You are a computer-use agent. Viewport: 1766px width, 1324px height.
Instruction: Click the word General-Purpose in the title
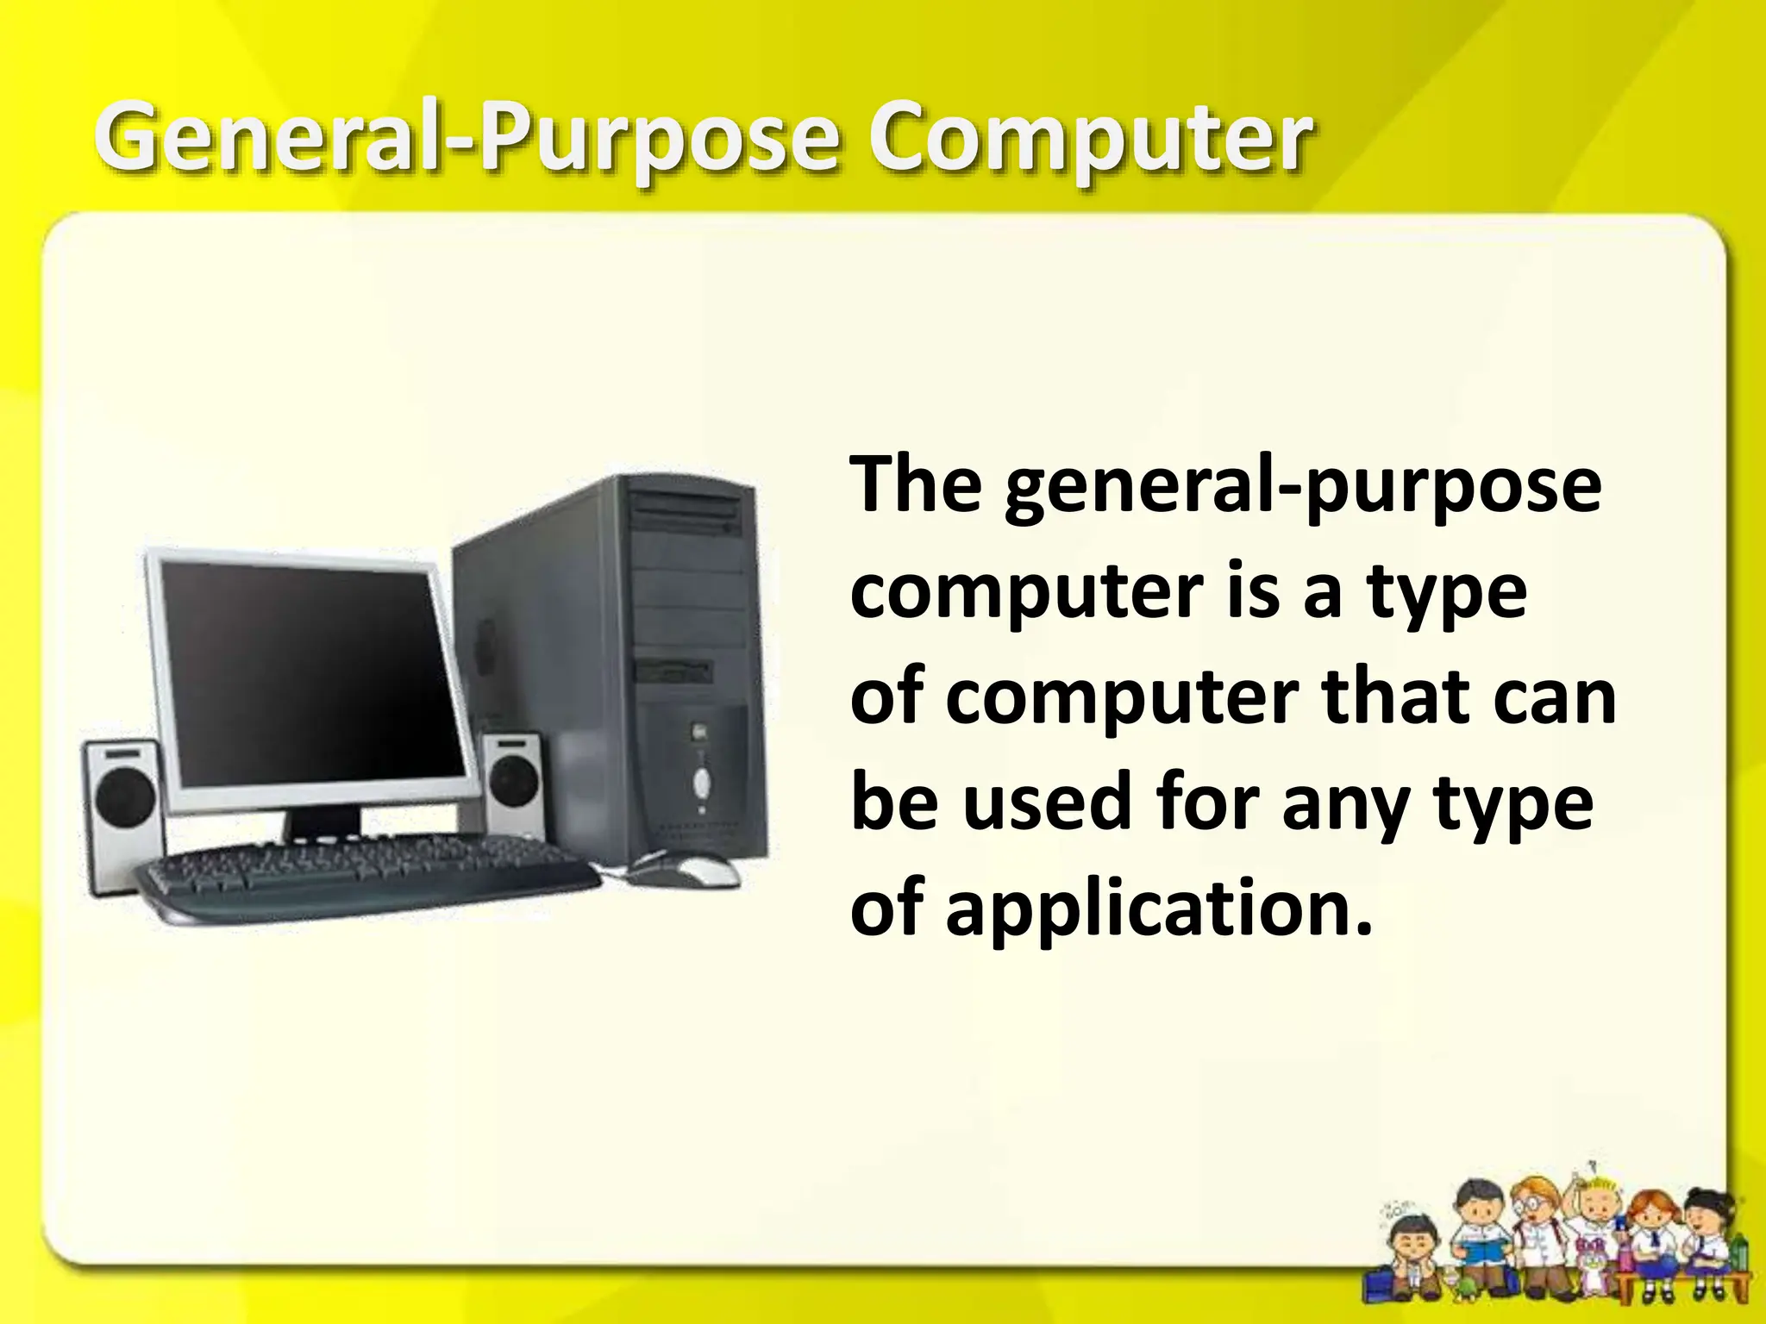[x=466, y=138]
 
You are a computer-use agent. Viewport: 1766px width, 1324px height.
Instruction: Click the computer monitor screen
[x=310, y=672]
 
